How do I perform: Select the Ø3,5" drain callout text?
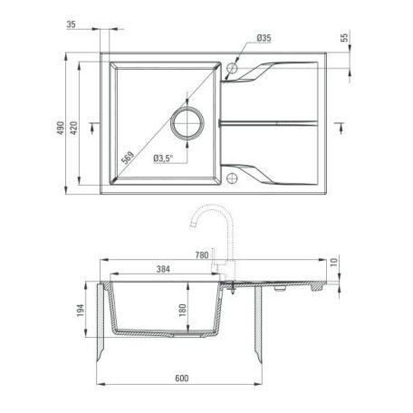[x=163, y=159]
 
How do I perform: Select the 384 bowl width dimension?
[x=164, y=270]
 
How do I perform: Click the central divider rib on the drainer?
[x=272, y=122]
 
